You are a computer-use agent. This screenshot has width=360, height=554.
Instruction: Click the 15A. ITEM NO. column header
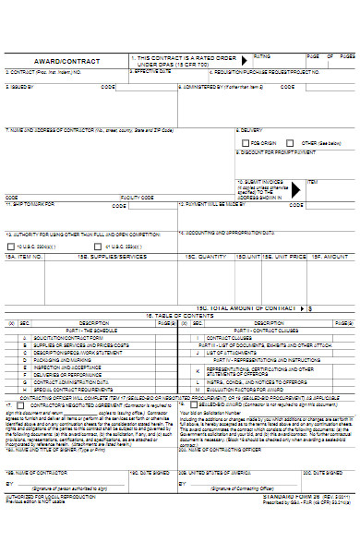pos(25,256)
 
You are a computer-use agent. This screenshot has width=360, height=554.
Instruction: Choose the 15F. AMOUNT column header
pos(330,256)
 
